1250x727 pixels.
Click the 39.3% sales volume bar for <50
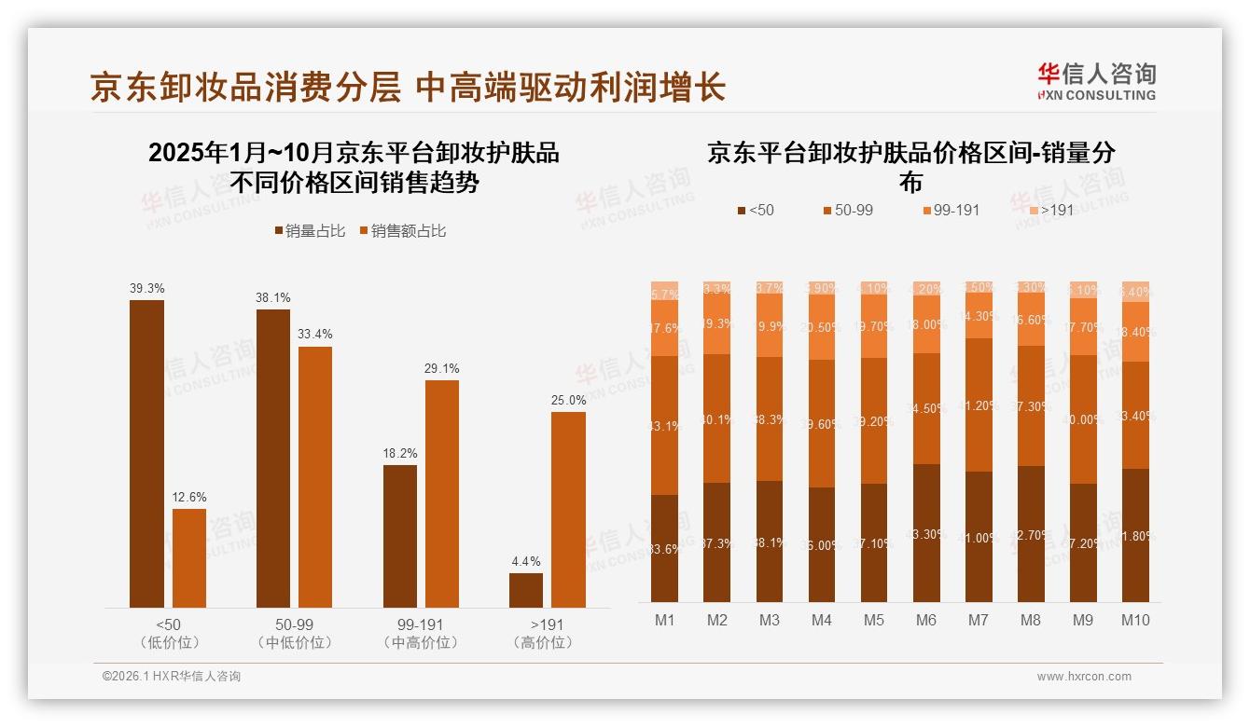[x=146, y=453]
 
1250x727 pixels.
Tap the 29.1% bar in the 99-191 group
[x=442, y=493]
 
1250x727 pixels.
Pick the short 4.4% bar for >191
[x=526, y=590]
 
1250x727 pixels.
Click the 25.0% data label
[x=568, y=400]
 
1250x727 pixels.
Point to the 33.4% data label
[x=315, y=334]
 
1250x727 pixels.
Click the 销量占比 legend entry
[x=309, y=230]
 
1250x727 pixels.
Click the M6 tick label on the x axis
[x=926, y=620]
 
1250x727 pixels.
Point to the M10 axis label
[x=1135, y=620]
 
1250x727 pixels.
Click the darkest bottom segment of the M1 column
[x=665, y=548]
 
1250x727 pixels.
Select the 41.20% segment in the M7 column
[x=979, y=405]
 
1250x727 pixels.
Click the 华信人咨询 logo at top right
[x=1096, y=81]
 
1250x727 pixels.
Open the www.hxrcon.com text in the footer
[x=1084, y=677]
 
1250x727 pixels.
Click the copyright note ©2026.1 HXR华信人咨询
[x=172, y=677]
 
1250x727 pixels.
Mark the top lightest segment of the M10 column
[x=1135, y=291]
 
